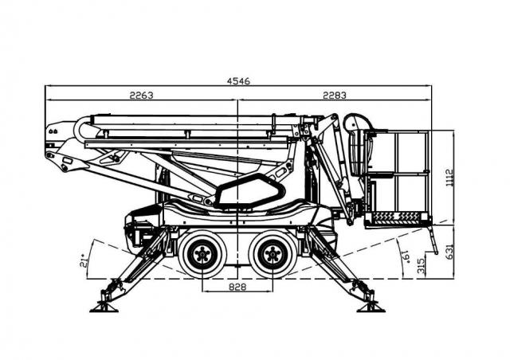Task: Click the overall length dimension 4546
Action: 238,81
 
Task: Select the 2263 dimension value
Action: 141,96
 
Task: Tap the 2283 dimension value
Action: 335,96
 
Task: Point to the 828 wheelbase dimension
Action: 237,287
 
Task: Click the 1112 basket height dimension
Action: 449,178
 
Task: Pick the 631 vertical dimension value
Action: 449,252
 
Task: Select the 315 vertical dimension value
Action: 421,265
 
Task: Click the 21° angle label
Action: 84,260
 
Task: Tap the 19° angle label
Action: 406,256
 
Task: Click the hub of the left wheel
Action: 202,254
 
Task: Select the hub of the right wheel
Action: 273,254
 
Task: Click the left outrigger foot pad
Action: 104,308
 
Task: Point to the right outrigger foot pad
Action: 371,308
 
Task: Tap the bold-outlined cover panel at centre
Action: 249,191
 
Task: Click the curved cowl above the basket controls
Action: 359,122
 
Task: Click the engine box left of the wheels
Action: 143,228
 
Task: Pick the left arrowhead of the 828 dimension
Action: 205,291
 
